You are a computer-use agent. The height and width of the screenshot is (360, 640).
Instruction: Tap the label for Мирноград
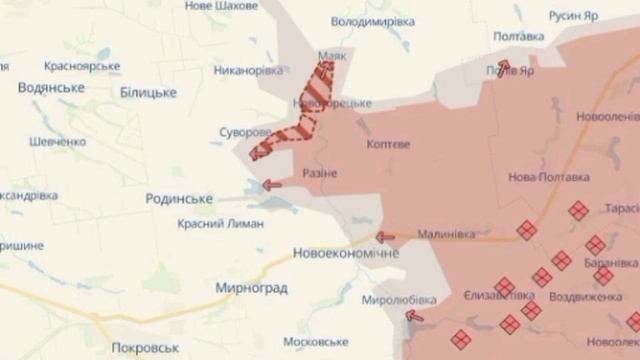click(251, 288)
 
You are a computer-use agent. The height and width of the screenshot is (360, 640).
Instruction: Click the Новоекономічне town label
click(346, 252)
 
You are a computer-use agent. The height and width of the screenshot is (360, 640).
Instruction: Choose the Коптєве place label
click(388, 144)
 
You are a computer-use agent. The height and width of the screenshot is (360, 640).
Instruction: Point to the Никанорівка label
click(249, 71)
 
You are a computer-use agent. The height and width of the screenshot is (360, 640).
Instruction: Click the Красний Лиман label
click(220, 224)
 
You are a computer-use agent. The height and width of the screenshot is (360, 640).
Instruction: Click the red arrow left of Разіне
click(270, 184)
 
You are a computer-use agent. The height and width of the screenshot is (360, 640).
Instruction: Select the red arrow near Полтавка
click(503, 67)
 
